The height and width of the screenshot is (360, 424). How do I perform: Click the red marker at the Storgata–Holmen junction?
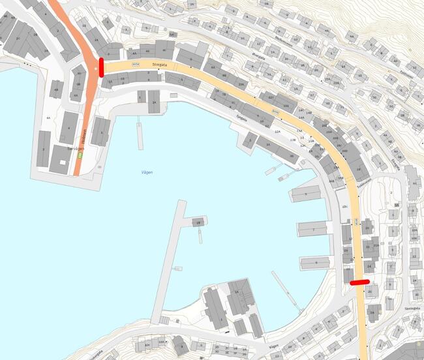[101, 67]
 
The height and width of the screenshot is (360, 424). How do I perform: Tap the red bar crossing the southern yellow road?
[359, 282]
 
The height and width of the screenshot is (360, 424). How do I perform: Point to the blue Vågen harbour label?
[147, 173]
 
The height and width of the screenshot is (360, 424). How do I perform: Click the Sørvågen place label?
[76, 149]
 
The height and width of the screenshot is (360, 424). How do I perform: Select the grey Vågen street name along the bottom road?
[274, 346]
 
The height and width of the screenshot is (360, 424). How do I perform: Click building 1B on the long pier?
[196, 222]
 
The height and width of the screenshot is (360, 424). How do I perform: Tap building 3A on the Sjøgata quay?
[267, 146]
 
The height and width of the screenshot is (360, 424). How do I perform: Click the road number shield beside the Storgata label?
[136, 65]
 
